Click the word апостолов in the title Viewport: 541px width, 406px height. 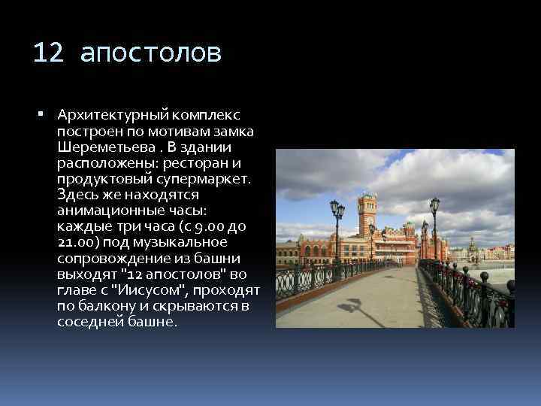coord(150,53)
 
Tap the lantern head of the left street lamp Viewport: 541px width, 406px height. coord(337,209)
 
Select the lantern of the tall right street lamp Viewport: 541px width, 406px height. coord(434,205)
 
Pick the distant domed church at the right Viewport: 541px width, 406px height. coord(473,249)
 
